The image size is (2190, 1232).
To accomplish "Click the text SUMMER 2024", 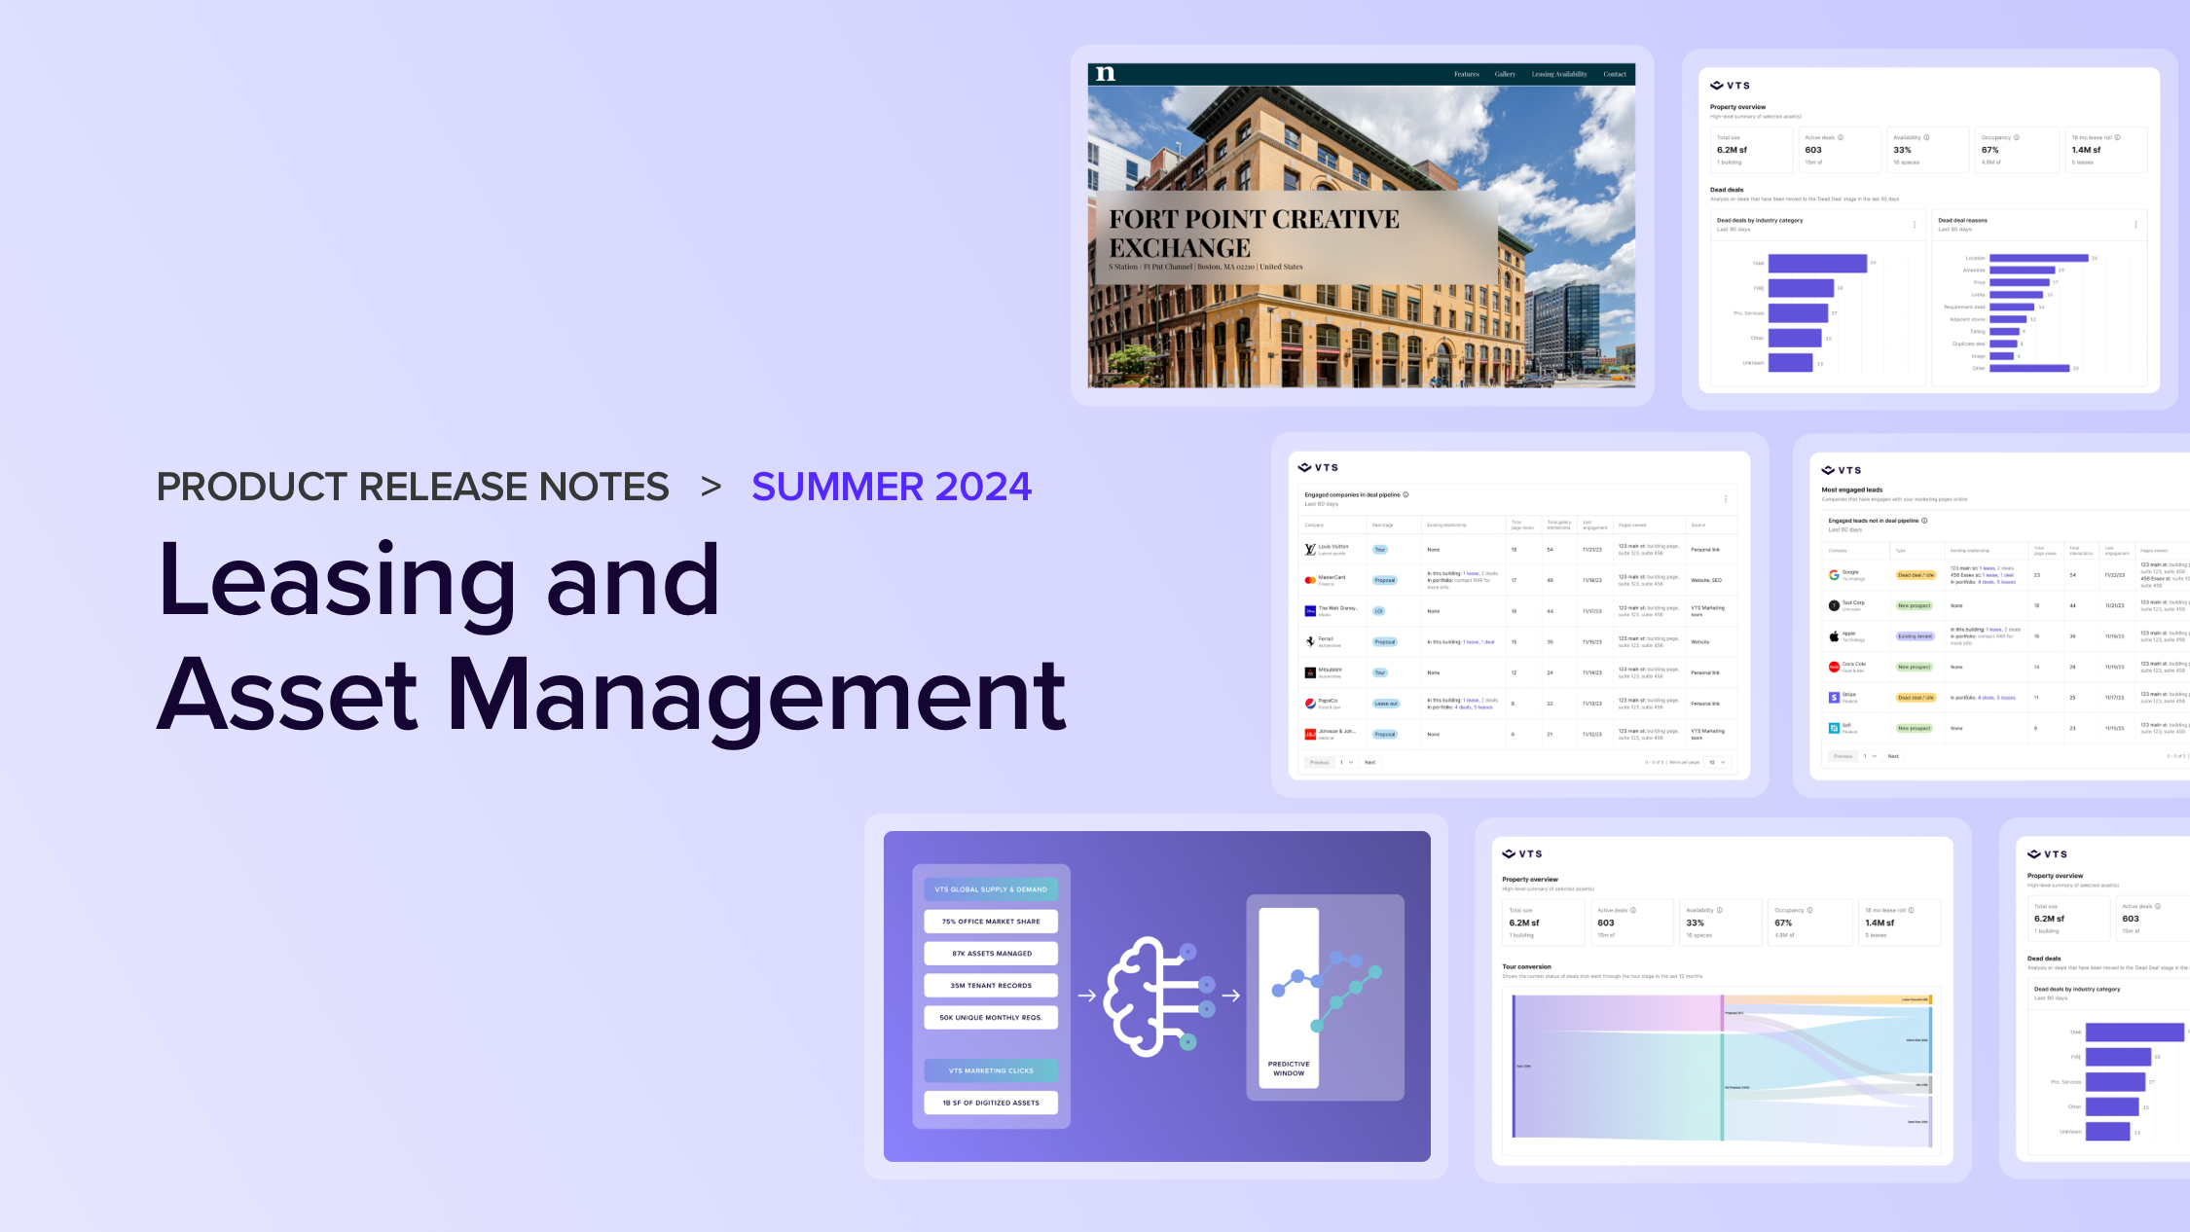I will (891, 487).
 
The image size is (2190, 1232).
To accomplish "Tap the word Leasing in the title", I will (336, 581).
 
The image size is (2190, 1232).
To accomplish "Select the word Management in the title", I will (755, 696).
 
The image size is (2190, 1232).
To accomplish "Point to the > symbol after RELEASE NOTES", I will (711, 487).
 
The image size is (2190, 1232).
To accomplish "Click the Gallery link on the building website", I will (1505, 74).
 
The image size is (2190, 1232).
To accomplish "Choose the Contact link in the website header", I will (1615, 74).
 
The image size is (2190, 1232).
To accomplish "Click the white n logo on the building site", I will (1105, 74).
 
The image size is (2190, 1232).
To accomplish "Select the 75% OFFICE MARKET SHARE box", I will (991, 922).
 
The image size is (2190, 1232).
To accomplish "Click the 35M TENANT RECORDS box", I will (991, 986).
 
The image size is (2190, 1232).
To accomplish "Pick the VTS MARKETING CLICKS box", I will (991, 1070).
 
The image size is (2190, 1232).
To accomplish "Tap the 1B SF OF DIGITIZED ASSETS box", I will (991, 1103).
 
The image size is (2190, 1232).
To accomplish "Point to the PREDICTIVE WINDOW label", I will (1289, 1069).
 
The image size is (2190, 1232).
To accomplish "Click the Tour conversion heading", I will (1526, 966).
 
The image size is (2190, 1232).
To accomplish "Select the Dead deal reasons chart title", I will (1962, 220).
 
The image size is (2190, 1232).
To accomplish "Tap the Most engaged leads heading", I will (1851, 489).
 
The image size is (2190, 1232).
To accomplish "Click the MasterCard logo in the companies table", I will (1310, 580).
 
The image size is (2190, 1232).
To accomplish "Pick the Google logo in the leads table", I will (1834, 575).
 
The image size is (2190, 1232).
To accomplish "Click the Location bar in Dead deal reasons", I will (2038, 258).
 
